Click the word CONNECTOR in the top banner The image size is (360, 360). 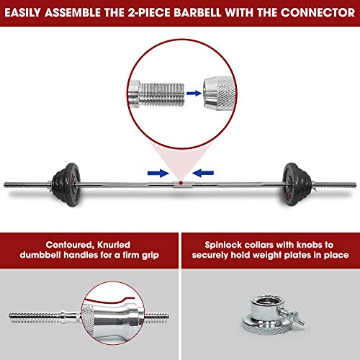click(x=318, y=12)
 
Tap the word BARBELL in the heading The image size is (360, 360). click(x=197, y=12)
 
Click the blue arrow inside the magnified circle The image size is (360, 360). click(x=194, y=93)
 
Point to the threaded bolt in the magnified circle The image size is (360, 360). click(x=156, y=94)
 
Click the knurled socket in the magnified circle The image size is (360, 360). click(x=218, y=94)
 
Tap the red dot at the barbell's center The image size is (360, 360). click(x=181, y=183)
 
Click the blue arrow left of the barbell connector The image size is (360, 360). click(x=158, y=173)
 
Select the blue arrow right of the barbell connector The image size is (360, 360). click(x=203, y=173)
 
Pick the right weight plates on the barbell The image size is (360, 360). click(x=297, y=184)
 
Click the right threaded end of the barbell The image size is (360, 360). click(x=336, y=184)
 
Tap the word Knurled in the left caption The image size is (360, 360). click(x=114, y=245)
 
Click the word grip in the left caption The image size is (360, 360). click(x=150, y=256)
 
